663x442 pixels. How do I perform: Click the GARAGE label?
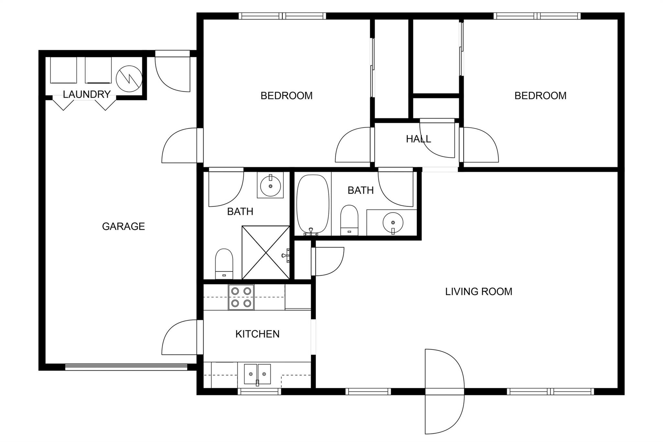pos(123,226)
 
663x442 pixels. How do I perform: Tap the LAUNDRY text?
pos(87,94)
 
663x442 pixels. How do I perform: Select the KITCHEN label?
pos(257,334)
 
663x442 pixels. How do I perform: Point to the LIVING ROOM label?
pos(478,291)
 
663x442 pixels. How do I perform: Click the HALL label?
pos(418,139)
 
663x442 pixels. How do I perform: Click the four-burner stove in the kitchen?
pos(241,297)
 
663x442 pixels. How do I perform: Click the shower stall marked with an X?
pos(266,253)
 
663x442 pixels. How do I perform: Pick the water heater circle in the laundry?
pos(129,79)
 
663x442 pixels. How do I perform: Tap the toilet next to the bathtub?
pos(349,220)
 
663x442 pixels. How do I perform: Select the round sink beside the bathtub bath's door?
pos(393,223)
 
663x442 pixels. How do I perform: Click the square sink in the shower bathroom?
pos(270,185)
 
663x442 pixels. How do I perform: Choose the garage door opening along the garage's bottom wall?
pos(126,367)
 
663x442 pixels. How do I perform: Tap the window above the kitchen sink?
pos(259,391)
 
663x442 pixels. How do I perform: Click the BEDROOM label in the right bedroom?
pos(540,96)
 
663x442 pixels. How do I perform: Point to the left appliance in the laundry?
pos(63,70)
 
